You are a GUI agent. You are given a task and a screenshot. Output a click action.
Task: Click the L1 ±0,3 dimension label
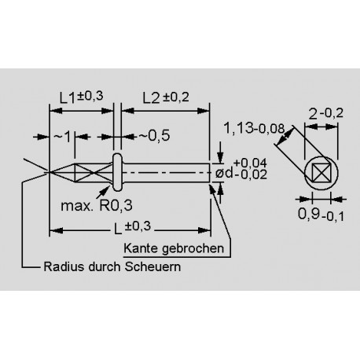80,97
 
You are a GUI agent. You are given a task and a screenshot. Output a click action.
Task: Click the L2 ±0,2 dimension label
167,97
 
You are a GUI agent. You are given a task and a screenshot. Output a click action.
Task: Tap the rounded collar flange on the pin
118,172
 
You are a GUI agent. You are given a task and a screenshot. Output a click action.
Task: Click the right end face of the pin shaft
210,172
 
